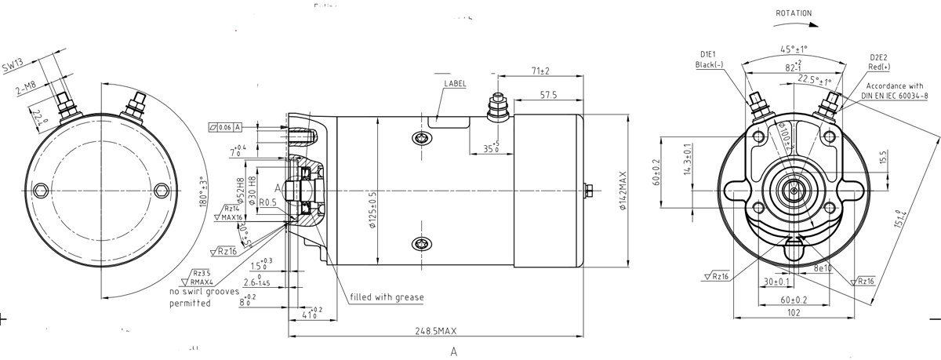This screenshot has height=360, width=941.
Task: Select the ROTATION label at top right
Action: click(793, 13)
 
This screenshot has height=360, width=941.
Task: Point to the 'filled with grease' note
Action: click(387, 297)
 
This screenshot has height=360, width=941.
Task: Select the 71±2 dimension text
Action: click(540, 71)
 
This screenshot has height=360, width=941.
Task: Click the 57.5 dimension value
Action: click(547, 95)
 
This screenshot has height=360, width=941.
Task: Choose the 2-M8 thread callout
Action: click(27, 90)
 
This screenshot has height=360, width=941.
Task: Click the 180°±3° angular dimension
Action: click(204, 192)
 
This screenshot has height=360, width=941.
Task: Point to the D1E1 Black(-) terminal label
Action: click(710, 60)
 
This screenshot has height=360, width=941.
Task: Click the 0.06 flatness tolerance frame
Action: click(225, 126)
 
